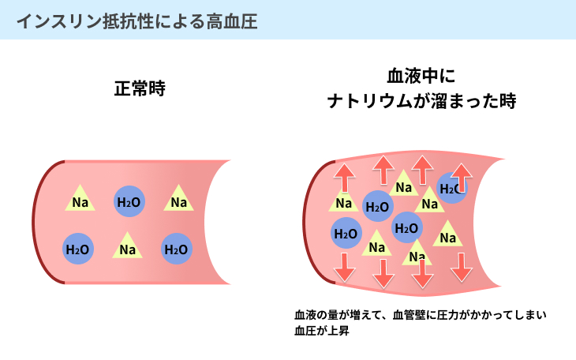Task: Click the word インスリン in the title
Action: pyautogui.click(x=59, y=21)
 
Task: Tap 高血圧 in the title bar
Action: pyautogui.click(x=232, y=21)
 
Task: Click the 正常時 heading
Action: pyautogui.click(x=140, y=88)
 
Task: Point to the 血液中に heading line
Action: pyautogui.click(x=421, y=76)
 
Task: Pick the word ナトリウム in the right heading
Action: pyautogui.click(x=369, y=101)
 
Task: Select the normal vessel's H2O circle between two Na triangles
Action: pyautogui.click(x=129, y=201)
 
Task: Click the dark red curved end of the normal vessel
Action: pyautogui.click(x=34, y=222)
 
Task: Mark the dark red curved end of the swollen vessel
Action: pyautogui.click(x=305, y=223)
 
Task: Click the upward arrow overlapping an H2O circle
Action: pyautogui.click(x=462, y=178)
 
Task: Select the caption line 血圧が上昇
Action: pyautogui.click(x=321, y=331)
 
